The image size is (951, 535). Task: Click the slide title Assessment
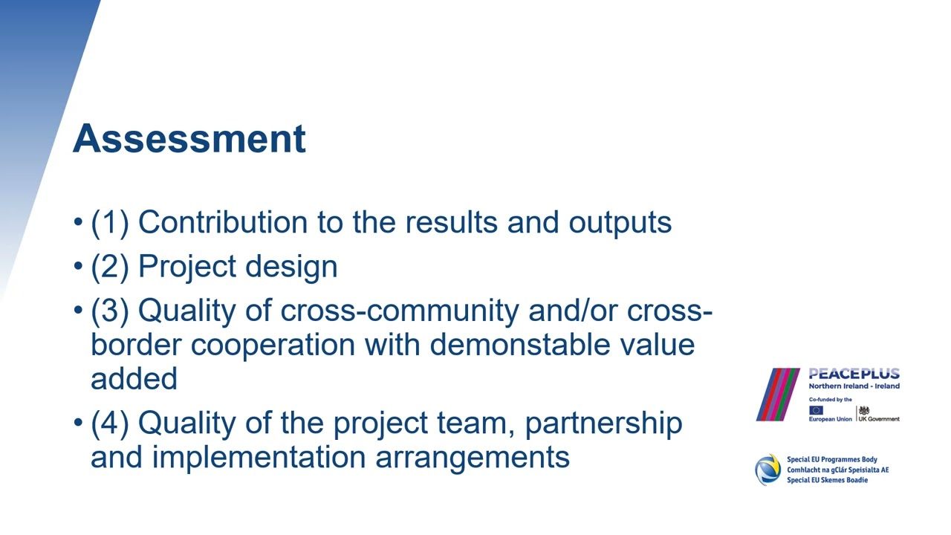(x=189, y=139)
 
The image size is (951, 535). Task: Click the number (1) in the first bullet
(x=110, y=222)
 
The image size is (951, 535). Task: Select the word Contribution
(x=224, y=222)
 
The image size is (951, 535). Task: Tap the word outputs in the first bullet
(x=620, y=222)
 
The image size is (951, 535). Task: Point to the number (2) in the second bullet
(x=110, y=266)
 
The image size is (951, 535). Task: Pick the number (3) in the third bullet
(x=110, y=310)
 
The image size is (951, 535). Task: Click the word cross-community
(x=399, y=310)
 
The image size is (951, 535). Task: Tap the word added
(x=134, y=378)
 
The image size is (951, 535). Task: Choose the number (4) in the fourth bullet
(x=110, y=423)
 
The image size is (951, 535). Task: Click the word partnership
(x=603, y=424)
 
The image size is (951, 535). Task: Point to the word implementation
(x=259, y=456)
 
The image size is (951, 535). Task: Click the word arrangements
(x=473, y=457)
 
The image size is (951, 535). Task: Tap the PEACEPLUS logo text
(x=854, y=374)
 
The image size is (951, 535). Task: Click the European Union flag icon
(x=816, y=410)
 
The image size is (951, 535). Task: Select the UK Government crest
(x=863, y=410)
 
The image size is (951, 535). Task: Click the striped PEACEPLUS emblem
(x=777, y=394)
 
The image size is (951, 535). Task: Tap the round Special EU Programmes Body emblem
(x=767, y=470)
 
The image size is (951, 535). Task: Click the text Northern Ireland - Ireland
(x=854, y=386)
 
